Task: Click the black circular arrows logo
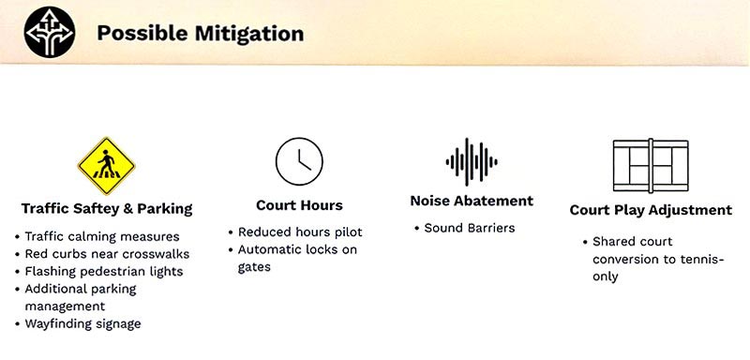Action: point(50,32)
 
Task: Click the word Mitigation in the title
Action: point(249,34)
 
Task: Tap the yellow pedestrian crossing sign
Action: point(106,166)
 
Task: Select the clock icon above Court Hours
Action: point(299,161)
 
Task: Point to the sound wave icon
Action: point(472,162)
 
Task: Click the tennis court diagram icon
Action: point(651,165)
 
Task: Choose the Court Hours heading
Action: point(299,205)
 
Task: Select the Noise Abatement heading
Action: point(472,201)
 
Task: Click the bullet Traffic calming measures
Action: point(97,236)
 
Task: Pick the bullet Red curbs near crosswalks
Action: point(102,254)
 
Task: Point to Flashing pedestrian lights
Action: point(98,272)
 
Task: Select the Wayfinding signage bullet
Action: point(78,323)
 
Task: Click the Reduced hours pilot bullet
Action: point(294,232)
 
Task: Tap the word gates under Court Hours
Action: point(254,267)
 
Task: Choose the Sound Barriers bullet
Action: point(464,228)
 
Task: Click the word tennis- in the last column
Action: point(702,260)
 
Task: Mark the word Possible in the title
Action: point(142,34)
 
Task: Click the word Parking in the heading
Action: point(165,209)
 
